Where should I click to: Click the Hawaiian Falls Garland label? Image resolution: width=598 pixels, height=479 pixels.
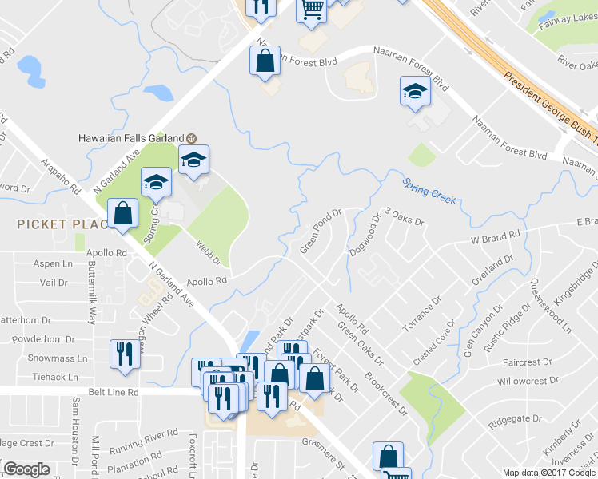(x=131, y=137)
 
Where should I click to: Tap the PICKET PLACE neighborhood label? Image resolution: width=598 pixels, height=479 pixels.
(x=62, y=225)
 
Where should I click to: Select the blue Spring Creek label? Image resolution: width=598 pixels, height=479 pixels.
(x=429, y=191)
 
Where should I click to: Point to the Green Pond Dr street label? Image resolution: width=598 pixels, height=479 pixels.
(x=321, y=232)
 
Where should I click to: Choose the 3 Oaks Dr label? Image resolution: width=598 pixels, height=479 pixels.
(x=405, y=216)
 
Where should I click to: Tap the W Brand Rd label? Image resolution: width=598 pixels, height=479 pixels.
(x=495, y=237)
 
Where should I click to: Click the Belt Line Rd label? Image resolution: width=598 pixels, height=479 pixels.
(x=113, y=392)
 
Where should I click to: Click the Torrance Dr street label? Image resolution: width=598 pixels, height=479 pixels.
(x=423, y=315)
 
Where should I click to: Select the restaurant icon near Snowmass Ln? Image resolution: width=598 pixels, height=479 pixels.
(x=123, y=354)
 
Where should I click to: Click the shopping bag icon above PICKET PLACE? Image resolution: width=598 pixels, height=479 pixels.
(x=123, y=214)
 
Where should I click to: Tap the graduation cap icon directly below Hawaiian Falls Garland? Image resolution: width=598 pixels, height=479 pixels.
(x=193, y=160)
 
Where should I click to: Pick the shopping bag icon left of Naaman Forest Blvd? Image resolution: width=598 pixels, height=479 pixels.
(x=264, y=61)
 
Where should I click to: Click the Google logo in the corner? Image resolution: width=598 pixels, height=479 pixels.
(x=27, y=469)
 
